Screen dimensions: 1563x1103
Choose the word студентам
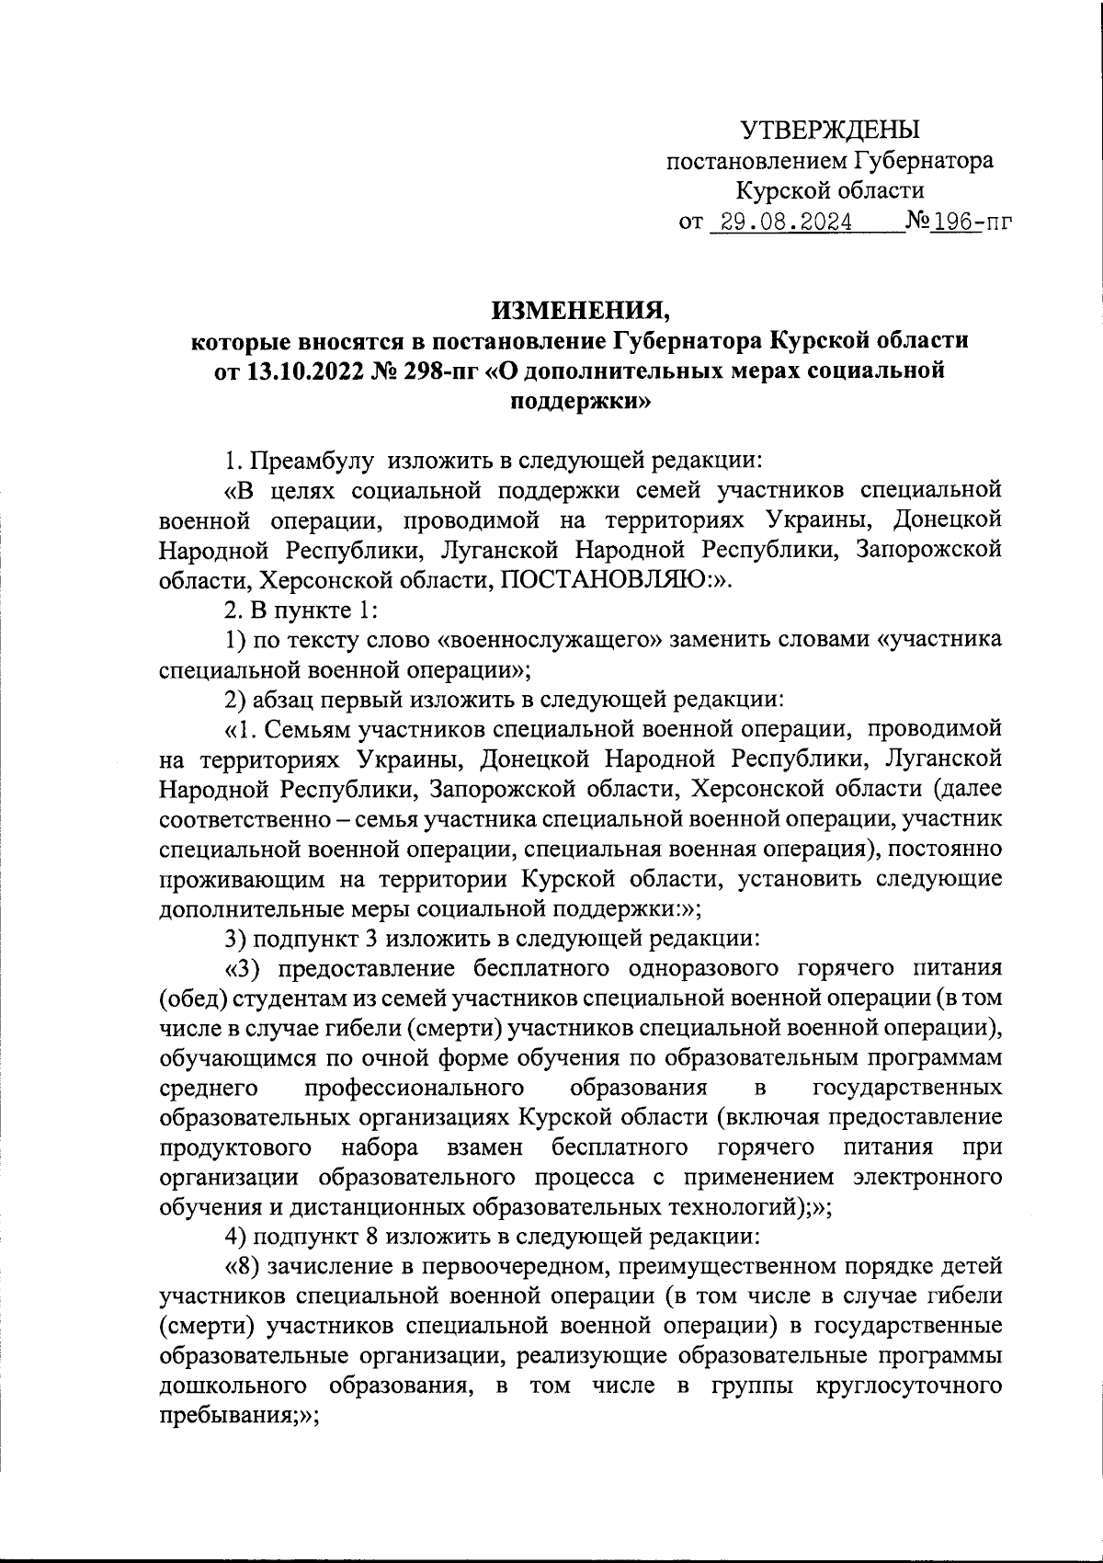click(x=278, y=998)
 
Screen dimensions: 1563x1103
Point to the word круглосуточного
click(x=908, y=1386)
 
